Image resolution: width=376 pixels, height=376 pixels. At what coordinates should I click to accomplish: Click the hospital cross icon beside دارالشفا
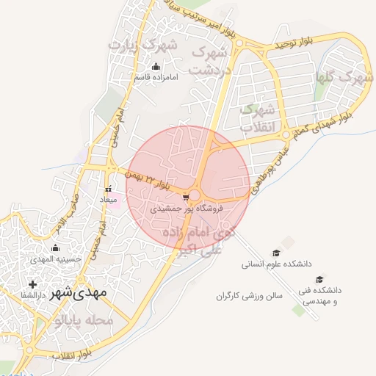[32, 284]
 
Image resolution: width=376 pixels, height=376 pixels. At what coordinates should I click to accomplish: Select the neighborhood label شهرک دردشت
[210, 62]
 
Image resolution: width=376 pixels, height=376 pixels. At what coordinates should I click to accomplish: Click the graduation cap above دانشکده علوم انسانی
[276, 252]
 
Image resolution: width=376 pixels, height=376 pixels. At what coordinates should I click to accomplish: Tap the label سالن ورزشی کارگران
[250, 296]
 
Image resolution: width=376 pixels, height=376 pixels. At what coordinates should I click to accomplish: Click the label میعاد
[109, 200]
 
